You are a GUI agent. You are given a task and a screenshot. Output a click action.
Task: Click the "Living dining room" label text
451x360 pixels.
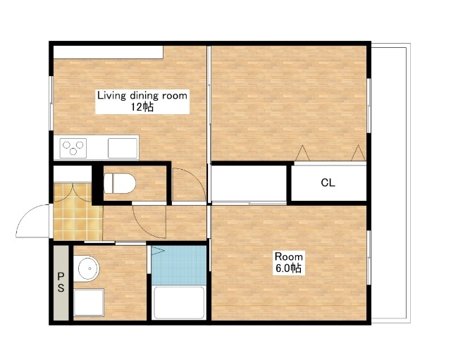tap(142, 96)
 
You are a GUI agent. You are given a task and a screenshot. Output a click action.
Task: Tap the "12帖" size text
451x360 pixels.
tap(142, 107)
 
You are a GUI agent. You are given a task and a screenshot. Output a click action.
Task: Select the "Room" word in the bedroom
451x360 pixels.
tap(288, 256)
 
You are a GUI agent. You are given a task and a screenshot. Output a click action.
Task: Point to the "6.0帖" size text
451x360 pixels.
tap(288, 268)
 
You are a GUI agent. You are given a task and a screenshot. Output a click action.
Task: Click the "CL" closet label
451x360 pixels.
tap(328, 182)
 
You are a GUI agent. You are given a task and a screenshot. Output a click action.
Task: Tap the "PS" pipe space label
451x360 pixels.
tap(61, 282)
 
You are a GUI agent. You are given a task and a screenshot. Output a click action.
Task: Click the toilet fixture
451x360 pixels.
tap(120, 183)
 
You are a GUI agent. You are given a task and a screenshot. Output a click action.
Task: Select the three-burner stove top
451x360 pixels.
tap(73, 148)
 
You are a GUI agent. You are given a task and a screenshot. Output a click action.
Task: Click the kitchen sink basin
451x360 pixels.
tap(123, 148)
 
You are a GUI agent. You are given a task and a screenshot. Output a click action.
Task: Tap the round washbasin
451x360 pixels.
tap(87, 268)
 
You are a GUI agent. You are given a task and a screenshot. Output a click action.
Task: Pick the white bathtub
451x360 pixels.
tap(179, 302)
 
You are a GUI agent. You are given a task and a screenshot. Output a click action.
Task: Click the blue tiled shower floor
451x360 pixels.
tap(179, 265)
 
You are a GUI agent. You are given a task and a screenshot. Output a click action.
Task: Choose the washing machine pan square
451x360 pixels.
tap(89, 302)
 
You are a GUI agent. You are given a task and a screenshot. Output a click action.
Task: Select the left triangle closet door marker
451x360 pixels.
tap(302, 153)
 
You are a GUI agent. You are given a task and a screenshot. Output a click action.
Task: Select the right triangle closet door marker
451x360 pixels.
tap(358, 153)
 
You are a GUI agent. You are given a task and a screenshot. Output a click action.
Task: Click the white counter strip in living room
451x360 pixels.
tap(109, 52)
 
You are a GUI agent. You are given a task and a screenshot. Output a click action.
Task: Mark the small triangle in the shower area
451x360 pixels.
tap(158, 250)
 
